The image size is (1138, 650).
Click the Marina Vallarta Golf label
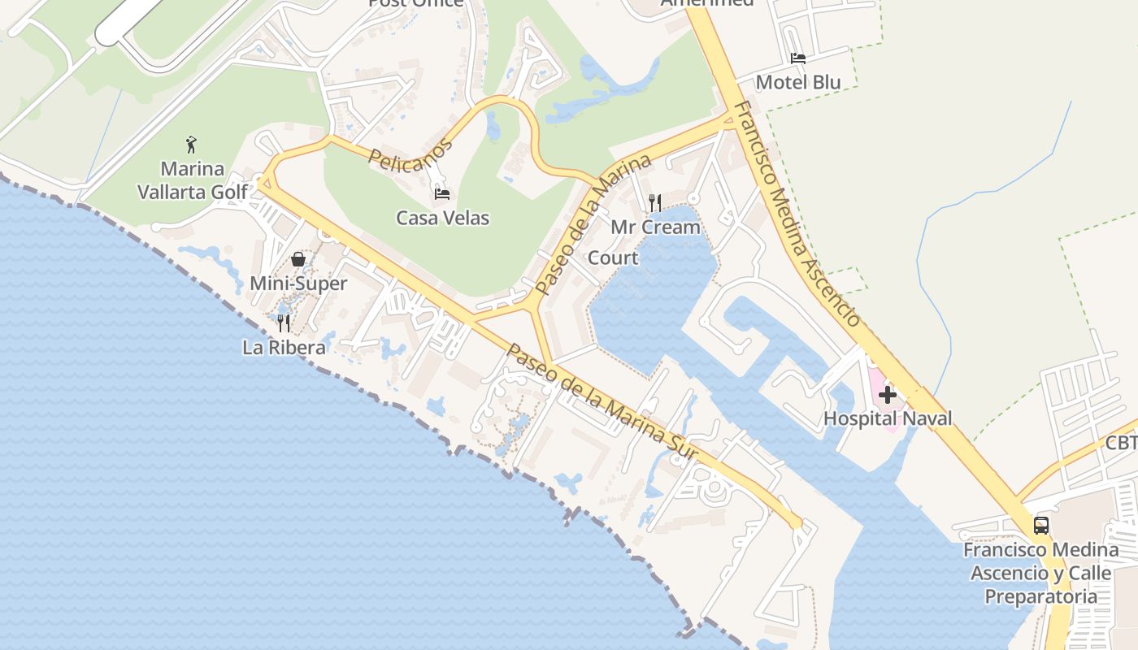click(193, 180)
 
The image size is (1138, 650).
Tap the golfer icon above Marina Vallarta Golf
click(191, 145)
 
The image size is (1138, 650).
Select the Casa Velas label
click(443, 218)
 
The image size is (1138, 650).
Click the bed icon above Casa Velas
click(442, 193)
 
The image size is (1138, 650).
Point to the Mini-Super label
click(298, 284)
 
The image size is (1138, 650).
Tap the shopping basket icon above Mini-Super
click(298, 259)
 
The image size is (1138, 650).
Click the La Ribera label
click(284, 348)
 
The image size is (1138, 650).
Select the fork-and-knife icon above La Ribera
click(284, 323)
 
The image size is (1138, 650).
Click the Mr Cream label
click(655, 227)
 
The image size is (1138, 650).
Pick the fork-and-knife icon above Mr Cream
click(655, 202)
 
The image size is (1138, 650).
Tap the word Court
click(613, 258)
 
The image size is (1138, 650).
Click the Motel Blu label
click(798, 82)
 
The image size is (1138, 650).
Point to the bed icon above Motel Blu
click(798, 58)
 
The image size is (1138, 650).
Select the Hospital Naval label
click(888, 419)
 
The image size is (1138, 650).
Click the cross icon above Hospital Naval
click(887, 396)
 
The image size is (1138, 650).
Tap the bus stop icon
click(1041, 525)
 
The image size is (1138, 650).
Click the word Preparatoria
click(1041, 596)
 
